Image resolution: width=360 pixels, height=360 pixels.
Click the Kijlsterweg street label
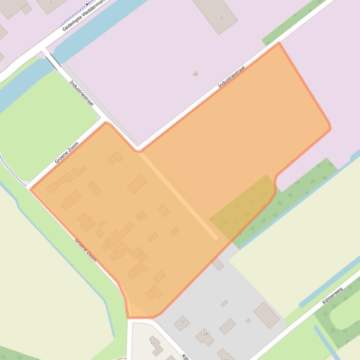coord(332,295)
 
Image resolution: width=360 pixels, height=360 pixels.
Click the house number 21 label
coord(196,74)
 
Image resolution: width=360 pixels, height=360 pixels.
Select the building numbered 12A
coord(205,336)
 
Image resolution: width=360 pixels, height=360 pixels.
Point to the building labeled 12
coord(182,323)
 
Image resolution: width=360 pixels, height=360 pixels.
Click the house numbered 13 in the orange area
coord(153,293)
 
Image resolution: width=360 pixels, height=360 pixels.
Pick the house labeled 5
coord(87,222)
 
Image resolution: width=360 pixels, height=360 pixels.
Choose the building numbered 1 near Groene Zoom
coord(60,181)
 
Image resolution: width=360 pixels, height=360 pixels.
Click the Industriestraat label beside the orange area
coord(232,77)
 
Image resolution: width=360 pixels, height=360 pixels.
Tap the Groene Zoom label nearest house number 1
coord(66,152)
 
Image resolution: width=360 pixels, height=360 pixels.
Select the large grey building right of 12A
coord(267,315)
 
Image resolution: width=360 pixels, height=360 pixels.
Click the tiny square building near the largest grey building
coord(248,321)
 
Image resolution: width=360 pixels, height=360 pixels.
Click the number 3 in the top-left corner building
coord(50,3)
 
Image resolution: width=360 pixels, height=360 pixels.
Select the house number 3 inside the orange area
coord(72,200)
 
